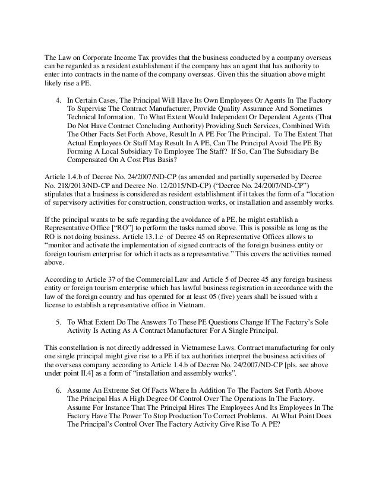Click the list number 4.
click(x=57, y=97)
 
